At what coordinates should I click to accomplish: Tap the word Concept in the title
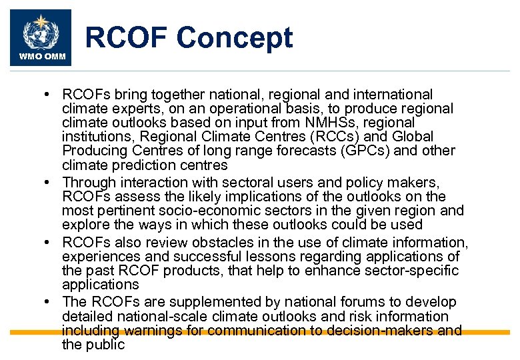[237, 38]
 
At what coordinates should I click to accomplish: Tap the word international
[391, 95]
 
